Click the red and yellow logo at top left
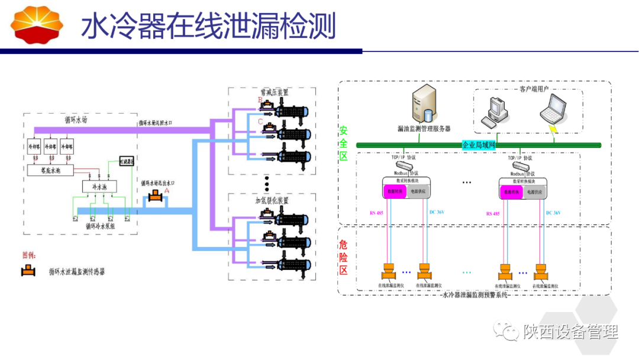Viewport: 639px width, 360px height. [x=37, y=24]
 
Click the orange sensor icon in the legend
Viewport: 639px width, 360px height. [x=27, y=271]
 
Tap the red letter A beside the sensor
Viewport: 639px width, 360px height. [x=167, y=191]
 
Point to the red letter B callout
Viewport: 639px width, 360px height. [x=259, y=100]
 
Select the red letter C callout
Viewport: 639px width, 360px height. [x=260, y=121]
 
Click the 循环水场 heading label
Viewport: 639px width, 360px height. [x=76, y=119]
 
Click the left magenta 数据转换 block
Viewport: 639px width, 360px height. [x=393, y=192]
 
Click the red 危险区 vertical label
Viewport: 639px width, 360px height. [x=343, y=258]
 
